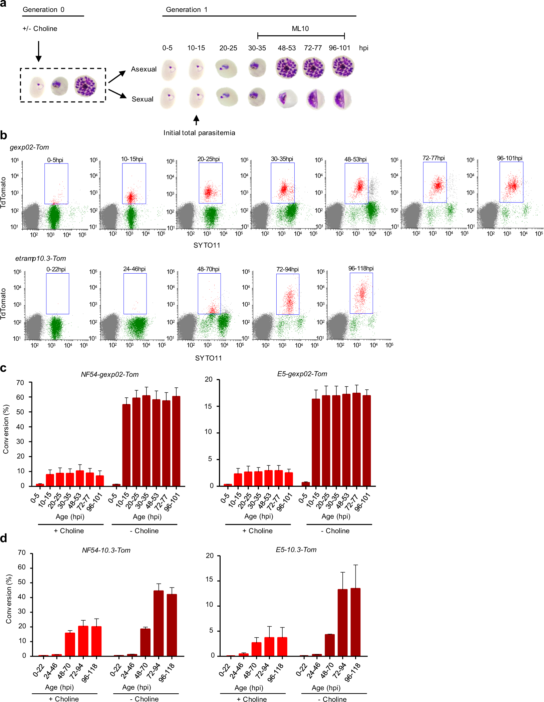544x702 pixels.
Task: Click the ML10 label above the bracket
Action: pos(300,28)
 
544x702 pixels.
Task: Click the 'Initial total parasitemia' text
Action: pos(199,133)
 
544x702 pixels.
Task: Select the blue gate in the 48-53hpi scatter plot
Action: pos(356,183)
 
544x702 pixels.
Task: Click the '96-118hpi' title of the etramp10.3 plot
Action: pos(361,268)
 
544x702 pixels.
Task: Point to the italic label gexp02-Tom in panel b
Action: pos(29,147)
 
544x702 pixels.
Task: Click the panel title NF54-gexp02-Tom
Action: pos(110,374)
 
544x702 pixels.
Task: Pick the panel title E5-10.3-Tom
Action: pos(296,550)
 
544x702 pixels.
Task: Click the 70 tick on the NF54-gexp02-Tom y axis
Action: pos(20,383)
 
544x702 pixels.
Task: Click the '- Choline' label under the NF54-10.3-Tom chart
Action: pos(144,699)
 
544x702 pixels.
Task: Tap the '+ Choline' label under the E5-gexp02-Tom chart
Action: pos(257,531)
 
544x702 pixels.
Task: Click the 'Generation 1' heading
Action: pos(187,9)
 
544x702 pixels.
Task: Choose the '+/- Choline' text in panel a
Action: pos(40,28)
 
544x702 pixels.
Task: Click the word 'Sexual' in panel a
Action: pos(143,99)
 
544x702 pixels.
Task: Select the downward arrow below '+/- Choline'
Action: pos(39,51)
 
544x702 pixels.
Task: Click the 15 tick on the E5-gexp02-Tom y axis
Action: pos(208,406)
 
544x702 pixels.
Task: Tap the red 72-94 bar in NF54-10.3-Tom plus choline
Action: pos(83,641)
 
